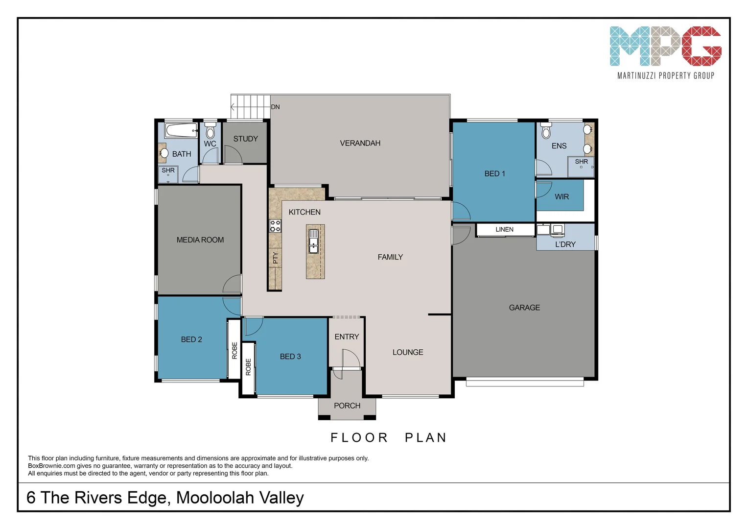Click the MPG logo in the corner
click(x=665, y=47)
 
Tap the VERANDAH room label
click(x=360, y=143)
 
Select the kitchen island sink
click(x=313, y=241)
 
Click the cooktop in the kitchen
click(x=275, y=226)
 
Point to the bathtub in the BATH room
click(x=181, y=131)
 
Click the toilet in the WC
click(x=210, y=131)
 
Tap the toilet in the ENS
click(x=546, y=131)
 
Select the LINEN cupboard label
click(x=504, y=229)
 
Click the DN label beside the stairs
click(x=275, y=107)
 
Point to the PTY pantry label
click(x=275, y=258)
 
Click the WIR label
click(x=561, y=197)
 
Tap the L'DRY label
click(x=565, y=244)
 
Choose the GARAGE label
click(x=524, y=308)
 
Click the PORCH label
click(x=347, y=406)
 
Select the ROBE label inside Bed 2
click(x=234, y=350)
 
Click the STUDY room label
click(x=245, y=139)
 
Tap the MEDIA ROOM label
click(x=200, y=240)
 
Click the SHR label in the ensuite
click(x=581, y=162)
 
